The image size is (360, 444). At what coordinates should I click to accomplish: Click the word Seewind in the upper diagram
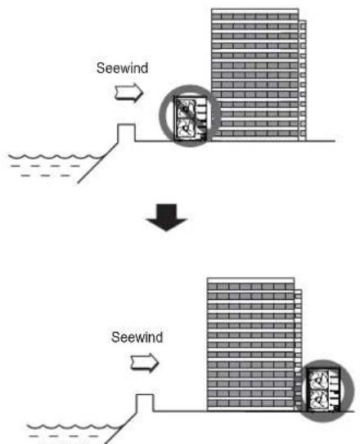coord(122,68)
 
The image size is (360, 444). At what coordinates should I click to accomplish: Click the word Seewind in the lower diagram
coord(137,337)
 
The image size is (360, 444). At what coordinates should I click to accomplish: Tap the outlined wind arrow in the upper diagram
coord(129,92)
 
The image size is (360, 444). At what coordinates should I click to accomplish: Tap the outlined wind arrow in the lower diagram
coord(145,363)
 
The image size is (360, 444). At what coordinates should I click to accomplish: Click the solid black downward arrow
coord(167,218)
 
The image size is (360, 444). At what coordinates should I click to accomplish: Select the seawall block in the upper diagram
coord(126,132)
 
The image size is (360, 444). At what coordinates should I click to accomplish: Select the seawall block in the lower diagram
coord(145,402)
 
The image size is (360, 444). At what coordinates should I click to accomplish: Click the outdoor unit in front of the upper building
coord(190,119)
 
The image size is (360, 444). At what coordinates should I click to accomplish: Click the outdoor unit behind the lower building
coord(323,389)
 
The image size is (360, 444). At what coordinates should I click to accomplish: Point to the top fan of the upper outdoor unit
coord(186,109)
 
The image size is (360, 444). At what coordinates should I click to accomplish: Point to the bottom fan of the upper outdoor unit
coord(186,129)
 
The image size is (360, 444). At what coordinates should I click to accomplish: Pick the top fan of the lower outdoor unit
coord(319,379)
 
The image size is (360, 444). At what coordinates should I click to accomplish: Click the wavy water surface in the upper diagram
coord(56,157)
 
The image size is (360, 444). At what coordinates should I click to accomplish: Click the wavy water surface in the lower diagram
coord(74,427)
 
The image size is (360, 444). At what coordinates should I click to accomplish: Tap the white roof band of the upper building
coord(255,11)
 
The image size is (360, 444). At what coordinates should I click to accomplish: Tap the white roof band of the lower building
coord(250,280)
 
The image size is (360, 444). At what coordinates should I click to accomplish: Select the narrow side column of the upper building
coord(303,80)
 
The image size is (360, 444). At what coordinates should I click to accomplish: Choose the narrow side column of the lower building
coord(299,350)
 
